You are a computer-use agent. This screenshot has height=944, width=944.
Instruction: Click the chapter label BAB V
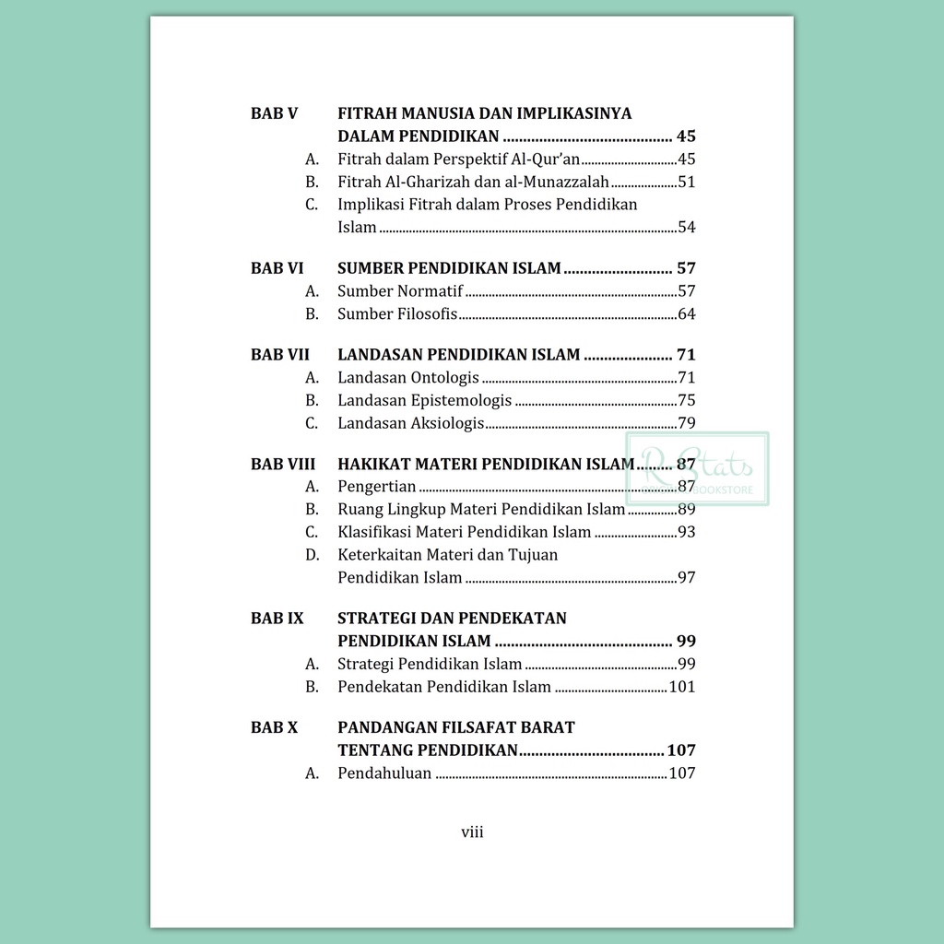[274, 114]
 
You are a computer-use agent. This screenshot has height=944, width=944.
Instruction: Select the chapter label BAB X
[274, 727]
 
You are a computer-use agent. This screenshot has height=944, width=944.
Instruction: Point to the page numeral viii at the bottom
[472, 832]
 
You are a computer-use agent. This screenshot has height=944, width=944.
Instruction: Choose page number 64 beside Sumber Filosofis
[686, 314]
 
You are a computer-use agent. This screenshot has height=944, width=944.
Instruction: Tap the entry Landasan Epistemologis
[424, 401]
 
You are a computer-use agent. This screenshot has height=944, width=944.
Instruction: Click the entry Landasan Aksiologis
[411, 424]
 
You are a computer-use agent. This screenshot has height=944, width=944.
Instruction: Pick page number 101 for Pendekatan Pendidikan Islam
[681, 687]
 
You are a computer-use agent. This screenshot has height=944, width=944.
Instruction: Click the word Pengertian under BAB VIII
[377, 487]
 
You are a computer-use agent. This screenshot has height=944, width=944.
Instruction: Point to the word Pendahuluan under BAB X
[384, 773]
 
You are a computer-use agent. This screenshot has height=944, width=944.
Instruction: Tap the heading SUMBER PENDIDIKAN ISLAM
[449, 269]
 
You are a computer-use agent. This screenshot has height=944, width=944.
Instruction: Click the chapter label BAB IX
[277, 618]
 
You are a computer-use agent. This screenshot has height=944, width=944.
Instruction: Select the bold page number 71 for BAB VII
[686, 355]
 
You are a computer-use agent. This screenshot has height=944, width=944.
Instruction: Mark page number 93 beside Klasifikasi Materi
[686, 532]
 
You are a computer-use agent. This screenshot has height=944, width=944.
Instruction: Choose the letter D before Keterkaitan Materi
[312, 555]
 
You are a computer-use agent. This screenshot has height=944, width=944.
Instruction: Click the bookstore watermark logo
[698, 469]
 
